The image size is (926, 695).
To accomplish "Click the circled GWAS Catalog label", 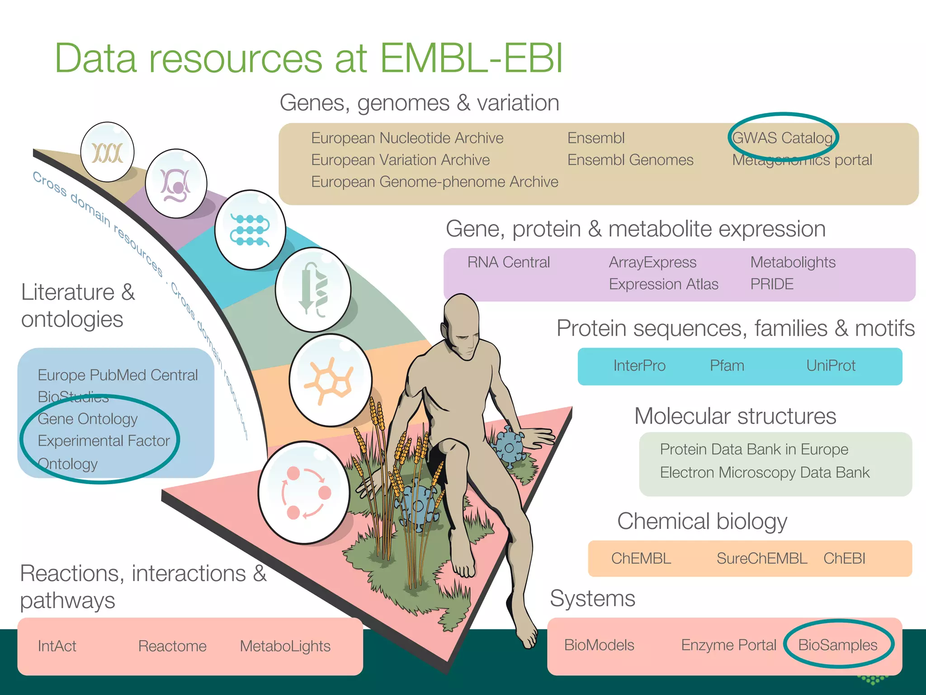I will point(782,138).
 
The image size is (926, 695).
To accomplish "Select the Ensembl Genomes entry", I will point(630,160).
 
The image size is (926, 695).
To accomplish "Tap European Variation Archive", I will point(400,160).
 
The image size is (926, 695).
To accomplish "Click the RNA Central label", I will point(508,262).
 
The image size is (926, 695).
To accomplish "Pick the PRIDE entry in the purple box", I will point(772,284).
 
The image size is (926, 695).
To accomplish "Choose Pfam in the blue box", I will point(727,365).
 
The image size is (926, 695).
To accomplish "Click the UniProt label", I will point(831,365).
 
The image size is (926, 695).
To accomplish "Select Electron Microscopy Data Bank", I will point(764,472).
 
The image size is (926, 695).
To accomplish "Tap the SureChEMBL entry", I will point(761,558).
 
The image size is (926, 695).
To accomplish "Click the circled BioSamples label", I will point(837,645).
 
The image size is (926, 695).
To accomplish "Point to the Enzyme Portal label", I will point(728,645).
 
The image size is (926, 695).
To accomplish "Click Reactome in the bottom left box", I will point(172,646).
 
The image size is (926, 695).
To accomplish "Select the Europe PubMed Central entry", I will point(118,375).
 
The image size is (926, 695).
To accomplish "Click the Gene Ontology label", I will point(88,419).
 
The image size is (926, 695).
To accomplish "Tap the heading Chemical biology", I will point(702,521).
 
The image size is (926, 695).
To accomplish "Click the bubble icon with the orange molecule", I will point(331,381).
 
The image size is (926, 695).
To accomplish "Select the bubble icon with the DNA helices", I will point(107,152).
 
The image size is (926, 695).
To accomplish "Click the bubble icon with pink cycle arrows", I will point(304,493).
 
